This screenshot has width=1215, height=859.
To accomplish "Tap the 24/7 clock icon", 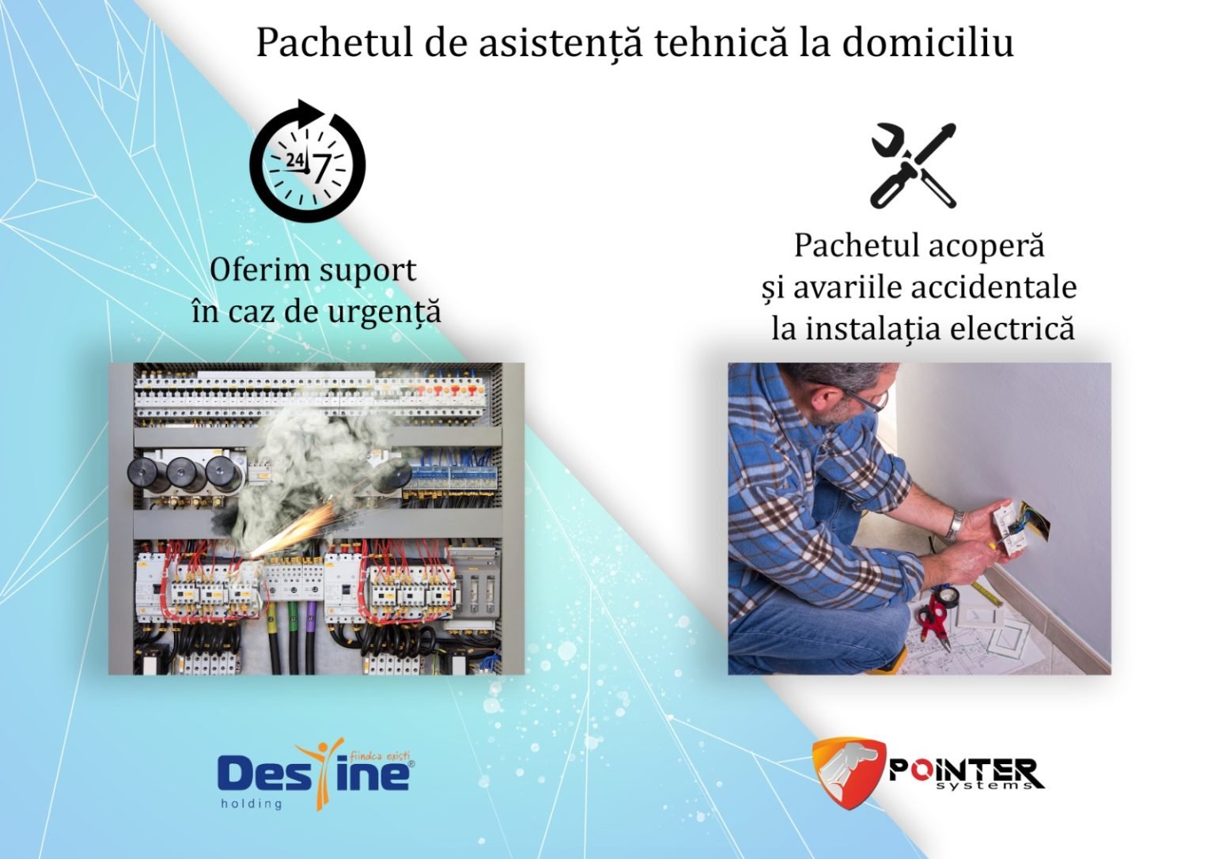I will (308, 161).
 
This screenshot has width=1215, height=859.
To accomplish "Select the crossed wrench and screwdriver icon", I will (914, 165).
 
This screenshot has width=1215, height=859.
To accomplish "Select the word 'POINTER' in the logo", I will (961, 769).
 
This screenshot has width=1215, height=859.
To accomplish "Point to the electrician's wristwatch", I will (956, 524).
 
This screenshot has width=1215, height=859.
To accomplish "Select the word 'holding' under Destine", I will (250, 804).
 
